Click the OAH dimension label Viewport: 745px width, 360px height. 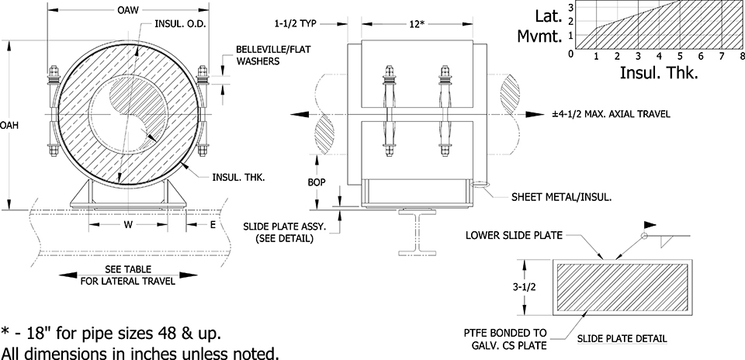point(9,124)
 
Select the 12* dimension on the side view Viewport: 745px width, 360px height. point(418,24)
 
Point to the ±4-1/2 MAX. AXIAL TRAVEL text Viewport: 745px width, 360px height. point(611,114)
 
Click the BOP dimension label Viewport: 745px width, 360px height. point(316,182)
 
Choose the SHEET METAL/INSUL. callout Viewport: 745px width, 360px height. point(562,197)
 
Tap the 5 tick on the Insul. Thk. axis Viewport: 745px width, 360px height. point(680,57)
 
